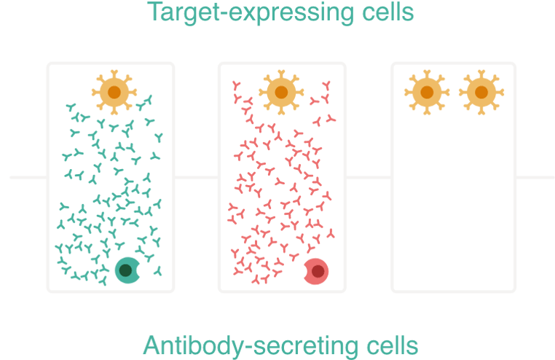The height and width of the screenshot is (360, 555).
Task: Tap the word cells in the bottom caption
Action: coord(390,345)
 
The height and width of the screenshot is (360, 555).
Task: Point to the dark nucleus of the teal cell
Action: coord(125,271)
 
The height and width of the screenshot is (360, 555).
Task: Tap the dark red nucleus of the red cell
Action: coord(318,272)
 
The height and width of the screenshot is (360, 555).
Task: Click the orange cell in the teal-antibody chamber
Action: coord(111,91)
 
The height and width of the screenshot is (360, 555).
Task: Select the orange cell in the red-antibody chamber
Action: coord(281,92)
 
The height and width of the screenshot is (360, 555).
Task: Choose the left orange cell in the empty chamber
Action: coord(426,93)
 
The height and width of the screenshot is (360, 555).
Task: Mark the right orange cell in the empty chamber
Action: coord(480,93)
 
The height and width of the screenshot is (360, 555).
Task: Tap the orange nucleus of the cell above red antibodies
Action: coord(281,92)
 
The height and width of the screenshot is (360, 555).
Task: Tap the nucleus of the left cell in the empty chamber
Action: coord(426,93)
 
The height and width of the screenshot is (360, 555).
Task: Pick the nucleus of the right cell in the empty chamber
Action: coord(480,93)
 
